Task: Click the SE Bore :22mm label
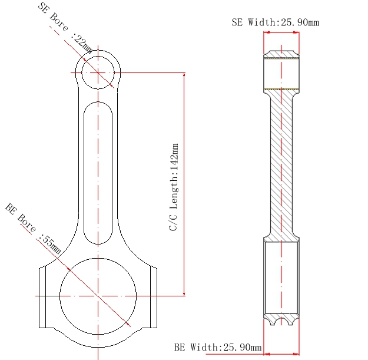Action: pyautogui.click(x=65, y=29)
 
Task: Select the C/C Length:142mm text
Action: pyautogui.click(x=174, y=186)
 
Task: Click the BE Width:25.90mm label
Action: pyautogui.click(x=218, y=348)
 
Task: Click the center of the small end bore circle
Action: pyautogui.click(x=98, y=72)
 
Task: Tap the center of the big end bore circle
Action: pyautogui.click(x=98, y=295)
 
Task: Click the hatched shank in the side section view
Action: pyautogui.click(x=281, y=165)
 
